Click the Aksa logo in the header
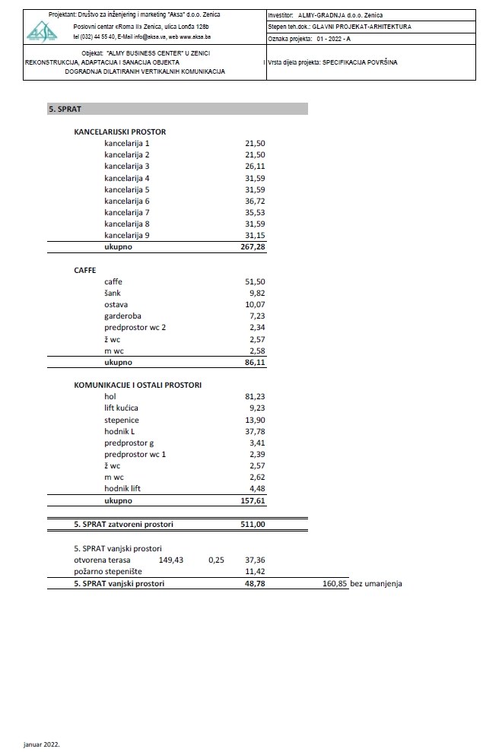coord(43,30)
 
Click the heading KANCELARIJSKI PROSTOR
coord(119,132)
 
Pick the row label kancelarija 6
coord(127,201)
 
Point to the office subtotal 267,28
coord(253,247)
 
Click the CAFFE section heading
coord(85,269)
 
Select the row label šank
coord(113,293)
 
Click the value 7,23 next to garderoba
coord(256,316)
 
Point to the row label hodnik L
coord(119,431)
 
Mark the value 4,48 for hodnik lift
coord(256,489)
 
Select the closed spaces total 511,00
coord(253,524)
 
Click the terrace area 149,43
coord(172,560)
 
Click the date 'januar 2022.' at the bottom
coord(41,744)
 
